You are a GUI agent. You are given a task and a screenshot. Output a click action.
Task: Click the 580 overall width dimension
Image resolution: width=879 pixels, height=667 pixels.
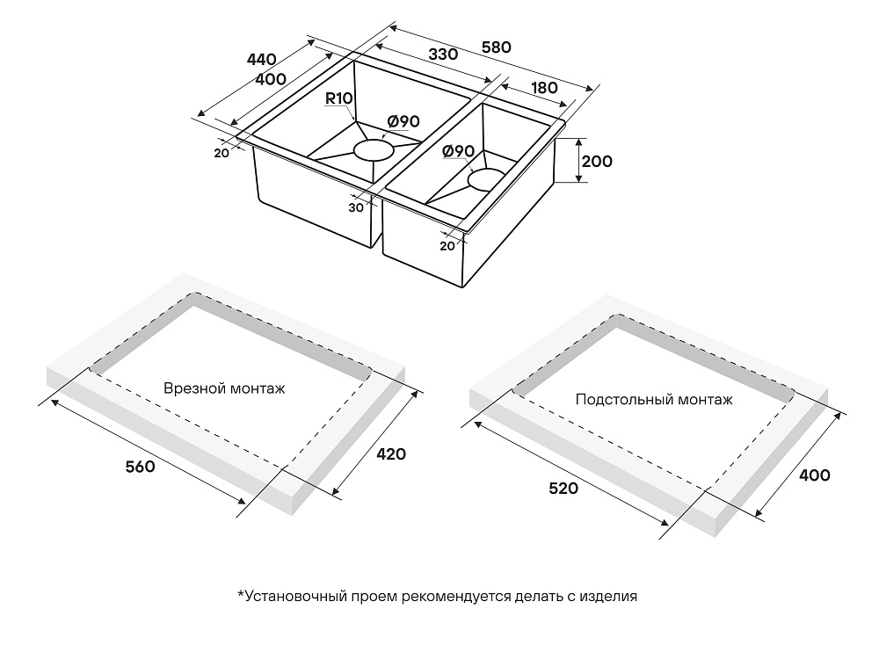pyautogui.click(x=496, y=47)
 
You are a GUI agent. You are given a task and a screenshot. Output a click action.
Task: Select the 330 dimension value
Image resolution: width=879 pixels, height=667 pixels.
pyautogui.click(x=443, y=54)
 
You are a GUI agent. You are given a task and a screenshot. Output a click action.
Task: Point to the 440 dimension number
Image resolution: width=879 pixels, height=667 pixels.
pyautogui.click(x=261, y=60)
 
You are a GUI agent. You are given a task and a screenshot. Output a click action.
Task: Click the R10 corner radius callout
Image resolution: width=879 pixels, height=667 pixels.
pyautogui.click(x=339, y=98)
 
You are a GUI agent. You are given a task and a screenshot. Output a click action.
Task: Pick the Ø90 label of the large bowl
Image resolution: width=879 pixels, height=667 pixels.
pyautogui.click(x=403, y=121)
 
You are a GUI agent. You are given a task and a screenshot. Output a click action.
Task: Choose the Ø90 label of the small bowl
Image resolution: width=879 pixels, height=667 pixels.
pyautogui.click(x=459, y=151)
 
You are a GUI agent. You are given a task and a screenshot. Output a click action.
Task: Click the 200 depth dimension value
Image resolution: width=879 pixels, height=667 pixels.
pyautogui.click(x=597, y=162)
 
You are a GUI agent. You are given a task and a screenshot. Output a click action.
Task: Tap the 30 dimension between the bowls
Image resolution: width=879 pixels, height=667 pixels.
pyautogui.click(x=356, y=207)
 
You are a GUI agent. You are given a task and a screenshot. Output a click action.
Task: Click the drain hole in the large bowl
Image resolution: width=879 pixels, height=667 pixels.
pyautogui.click(x=372, y=150)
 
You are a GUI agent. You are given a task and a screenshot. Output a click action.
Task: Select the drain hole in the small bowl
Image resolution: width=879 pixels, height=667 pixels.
pyautogui.click(x=486, y=179)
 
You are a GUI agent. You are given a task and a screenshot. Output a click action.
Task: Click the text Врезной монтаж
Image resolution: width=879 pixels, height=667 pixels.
pyautogui.click(x=224, y=388)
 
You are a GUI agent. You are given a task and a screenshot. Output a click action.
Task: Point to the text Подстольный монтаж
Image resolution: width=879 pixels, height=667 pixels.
pyautogui.click(x=654, y=400)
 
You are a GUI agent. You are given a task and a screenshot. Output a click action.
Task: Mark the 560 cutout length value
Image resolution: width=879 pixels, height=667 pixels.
pyautogui.click(x=140, y=467)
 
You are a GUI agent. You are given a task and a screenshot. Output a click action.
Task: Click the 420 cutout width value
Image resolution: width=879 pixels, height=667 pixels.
pyautogui.click(x=391, y=453)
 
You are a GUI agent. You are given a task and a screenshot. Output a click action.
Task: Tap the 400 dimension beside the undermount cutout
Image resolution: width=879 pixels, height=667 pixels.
pyautogui.click(x=814, y=475)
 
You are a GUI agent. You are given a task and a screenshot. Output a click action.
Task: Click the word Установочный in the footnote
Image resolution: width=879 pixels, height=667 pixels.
pyautogui.click(x=293, y=596)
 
